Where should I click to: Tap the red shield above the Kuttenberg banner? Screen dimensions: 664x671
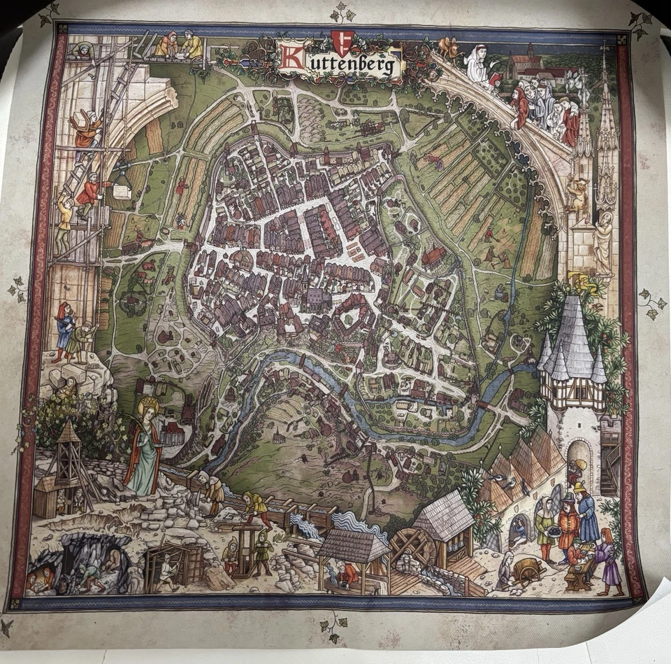coord(340,41)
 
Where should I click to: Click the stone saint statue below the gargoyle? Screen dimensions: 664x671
coord(602,242)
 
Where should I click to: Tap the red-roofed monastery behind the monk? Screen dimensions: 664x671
coord(535,66)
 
